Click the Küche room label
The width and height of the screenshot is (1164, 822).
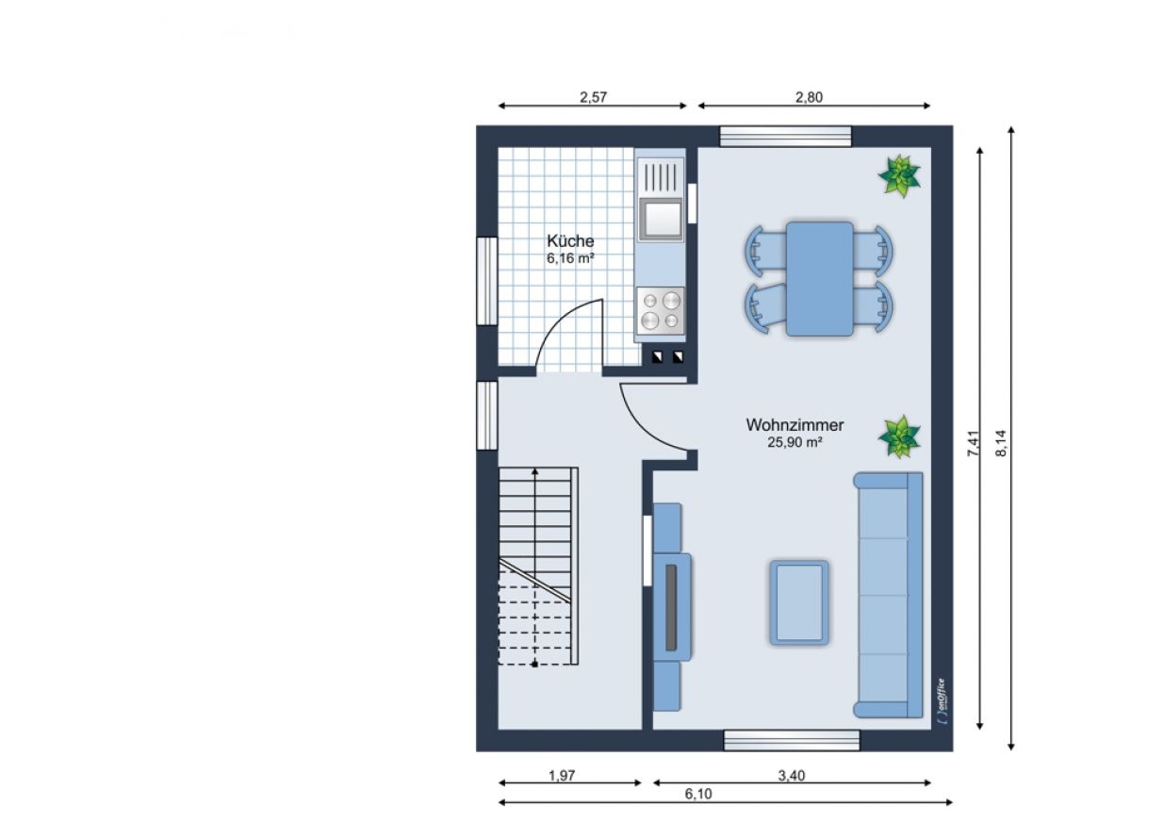click(x=570, y=241)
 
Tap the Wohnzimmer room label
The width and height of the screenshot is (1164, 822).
click(x=795, y=425)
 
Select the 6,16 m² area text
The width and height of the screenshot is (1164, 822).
click(x=570, y=258)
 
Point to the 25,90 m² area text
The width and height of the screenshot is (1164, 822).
click(x=795, y=442)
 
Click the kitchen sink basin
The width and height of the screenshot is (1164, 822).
click(x=661, y=220)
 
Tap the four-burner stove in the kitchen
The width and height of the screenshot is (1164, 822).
click(x=661, y=311)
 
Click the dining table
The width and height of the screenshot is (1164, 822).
click(x=819, y=279)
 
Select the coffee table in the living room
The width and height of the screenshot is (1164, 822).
click(x=798, y=602)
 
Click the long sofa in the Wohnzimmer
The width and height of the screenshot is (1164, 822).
click(x=889, y=595)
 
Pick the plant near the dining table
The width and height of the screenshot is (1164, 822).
click(x=899, y=175)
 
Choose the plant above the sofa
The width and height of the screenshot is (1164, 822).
click(x=899, y=436)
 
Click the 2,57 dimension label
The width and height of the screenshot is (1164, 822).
click(x=593, y=97)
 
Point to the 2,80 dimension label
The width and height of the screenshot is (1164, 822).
click(x=809, y=97)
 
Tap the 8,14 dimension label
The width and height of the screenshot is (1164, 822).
click(x=1001, y=443)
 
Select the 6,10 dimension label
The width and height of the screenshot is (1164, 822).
click(x=698, y=794)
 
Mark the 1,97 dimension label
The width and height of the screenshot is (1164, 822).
click(x=562, y=776)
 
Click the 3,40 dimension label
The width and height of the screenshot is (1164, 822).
click(x=792, y=776)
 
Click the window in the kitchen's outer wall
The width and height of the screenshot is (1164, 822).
click(x=487, y=281)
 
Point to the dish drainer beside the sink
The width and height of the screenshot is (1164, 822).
click(x=661, y=175)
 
